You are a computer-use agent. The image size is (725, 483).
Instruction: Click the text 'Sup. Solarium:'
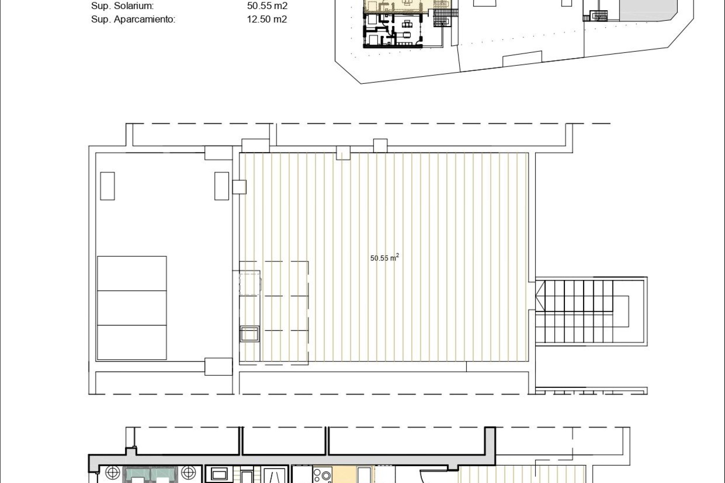point(122,6)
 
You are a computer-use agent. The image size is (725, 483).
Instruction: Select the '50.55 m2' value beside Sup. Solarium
point(267,6)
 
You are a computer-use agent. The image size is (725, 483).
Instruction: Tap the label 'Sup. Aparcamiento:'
point(133,19)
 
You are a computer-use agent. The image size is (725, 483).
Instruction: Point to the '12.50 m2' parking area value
point(267,19)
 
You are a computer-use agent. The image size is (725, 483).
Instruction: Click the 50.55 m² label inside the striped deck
point(385,258)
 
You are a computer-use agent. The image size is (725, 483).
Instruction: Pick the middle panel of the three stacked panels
point(132,308)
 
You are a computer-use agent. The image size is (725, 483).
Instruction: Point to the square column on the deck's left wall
point(239,187)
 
